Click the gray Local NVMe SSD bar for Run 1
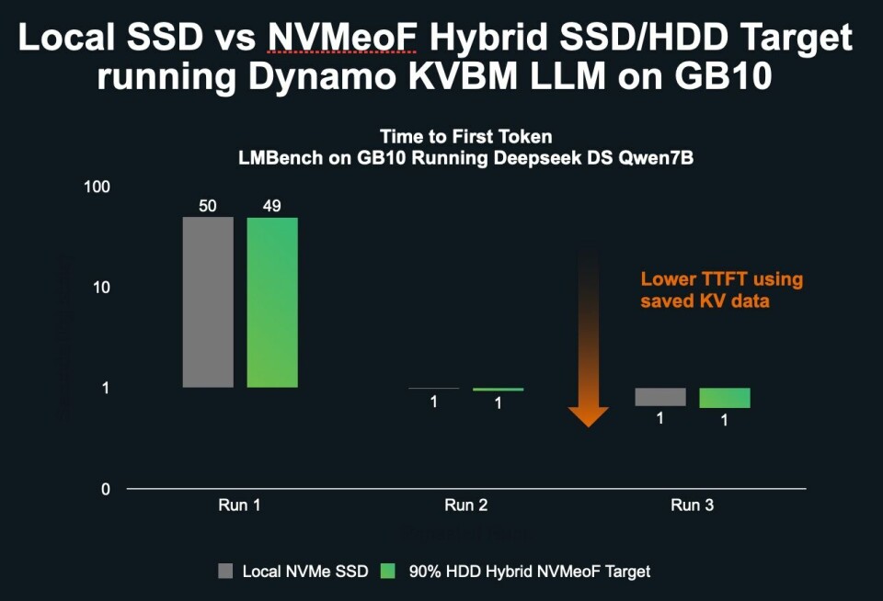pos(208,302)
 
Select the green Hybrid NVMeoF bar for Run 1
pos(272,302)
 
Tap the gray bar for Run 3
pos(660,397)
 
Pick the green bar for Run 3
pos(725,398)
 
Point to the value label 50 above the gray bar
pos(208,206)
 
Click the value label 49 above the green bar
pos(272,206)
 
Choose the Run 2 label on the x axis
pos(465,505)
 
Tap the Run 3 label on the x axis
pos(692,505)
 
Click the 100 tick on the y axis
pos(97,187)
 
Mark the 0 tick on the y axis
pos(105,489)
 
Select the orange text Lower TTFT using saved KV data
pos(721,289)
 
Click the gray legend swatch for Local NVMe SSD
pos(225,572)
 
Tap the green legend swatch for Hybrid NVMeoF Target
pos(387,572)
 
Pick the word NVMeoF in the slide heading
pos(343,39)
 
